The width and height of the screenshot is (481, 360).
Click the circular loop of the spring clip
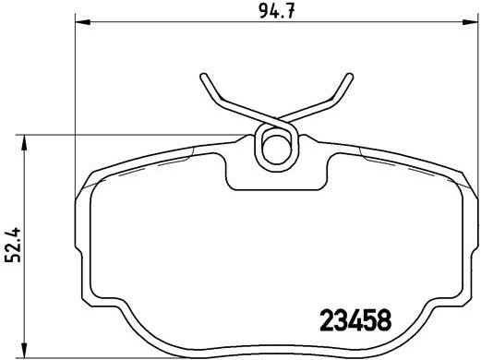(276, 145)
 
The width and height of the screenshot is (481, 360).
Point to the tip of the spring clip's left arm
(203, 75)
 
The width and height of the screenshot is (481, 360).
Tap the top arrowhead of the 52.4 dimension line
(25, 139)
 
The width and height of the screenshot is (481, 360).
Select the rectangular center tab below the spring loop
(276, 175)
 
